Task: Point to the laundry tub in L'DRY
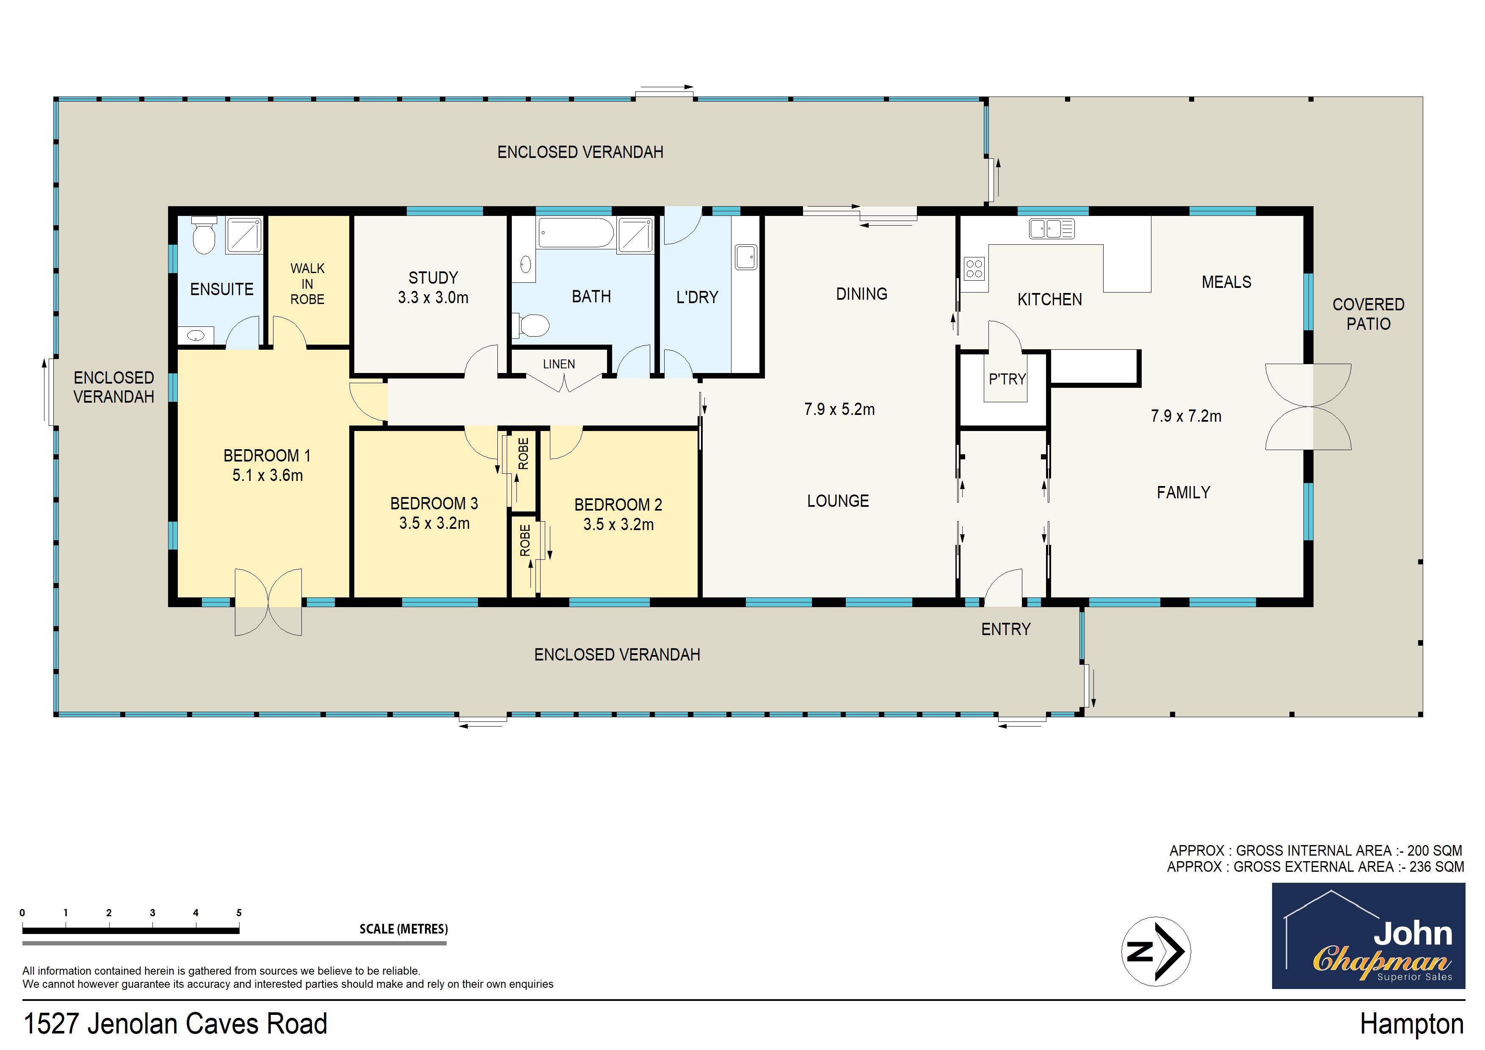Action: click(x=746, y=257)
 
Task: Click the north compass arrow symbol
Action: click(x=1156, y=951)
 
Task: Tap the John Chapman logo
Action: click(x=1368, y=936)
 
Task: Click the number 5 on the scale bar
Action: click(x=239, y=913)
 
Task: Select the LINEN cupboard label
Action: click(x=559, y=364)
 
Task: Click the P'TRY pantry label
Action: click(x=1007, y=379)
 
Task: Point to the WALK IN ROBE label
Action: click(x=307, y=283)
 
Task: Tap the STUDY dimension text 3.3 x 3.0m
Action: click(x=433, y=298)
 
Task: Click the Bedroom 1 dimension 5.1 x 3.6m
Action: click(x=267, y=475)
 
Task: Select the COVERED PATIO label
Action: click(x=1368, y=314)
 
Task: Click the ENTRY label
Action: click(x=1006, y=629)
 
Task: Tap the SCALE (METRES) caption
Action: click(x=403, y=929)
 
